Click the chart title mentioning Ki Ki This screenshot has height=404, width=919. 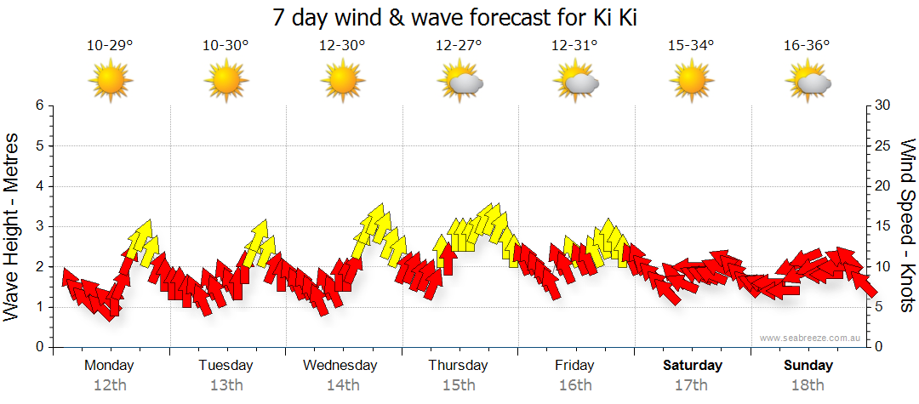point(459,17)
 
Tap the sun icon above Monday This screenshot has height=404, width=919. point(110,81)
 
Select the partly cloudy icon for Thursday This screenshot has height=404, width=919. point(459,82)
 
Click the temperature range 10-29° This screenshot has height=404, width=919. point(110,46)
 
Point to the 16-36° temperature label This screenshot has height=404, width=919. point(807,46)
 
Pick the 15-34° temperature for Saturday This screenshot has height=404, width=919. point(691,46)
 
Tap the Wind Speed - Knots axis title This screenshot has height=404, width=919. point(907,225)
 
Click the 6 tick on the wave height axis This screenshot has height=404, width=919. point(39,105)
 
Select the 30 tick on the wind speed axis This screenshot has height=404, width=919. point(882,105)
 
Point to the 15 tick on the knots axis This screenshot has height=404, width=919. point(882,226)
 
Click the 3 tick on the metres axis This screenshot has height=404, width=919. point(39,226)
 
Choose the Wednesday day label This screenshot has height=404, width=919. point(340,366)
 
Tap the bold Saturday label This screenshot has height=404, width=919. point(693,366)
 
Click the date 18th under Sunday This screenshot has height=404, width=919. point(808,385)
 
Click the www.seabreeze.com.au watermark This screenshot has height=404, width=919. point(811,339)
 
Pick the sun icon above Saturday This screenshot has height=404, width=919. point(691,81)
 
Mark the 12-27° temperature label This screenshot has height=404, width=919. point(459,46)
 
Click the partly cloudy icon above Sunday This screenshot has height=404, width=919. point(808,82)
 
